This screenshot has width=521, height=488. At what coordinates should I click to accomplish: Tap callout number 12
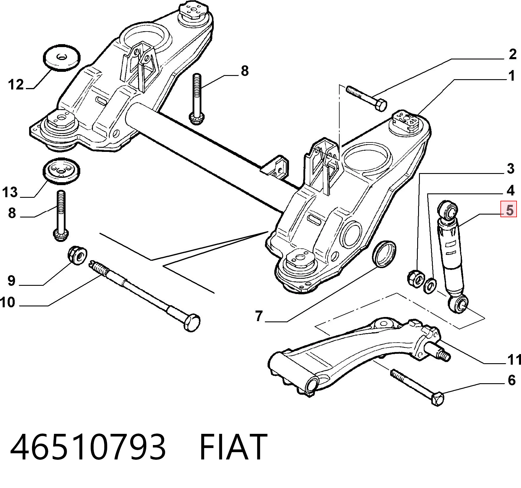click(16, 85)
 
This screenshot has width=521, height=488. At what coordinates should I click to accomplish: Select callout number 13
click(10, 192)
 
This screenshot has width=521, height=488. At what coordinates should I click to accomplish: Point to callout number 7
click(259, 316)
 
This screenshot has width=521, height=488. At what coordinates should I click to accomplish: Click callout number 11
click(514, 359)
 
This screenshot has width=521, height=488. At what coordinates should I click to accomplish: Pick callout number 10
click(7, 302)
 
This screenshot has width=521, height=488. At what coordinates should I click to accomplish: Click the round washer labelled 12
click(62, 57)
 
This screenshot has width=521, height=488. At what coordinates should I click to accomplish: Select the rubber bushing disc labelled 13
click(61, 172)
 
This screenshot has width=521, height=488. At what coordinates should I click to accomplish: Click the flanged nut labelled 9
click(77, 255)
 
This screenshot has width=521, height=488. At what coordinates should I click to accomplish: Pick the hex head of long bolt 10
click(192, 323)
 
